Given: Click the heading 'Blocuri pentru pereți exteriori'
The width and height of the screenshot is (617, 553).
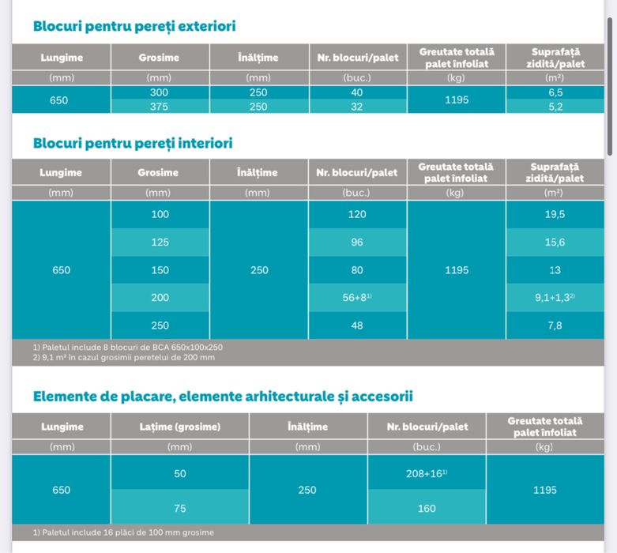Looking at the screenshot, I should [x=134, y=26].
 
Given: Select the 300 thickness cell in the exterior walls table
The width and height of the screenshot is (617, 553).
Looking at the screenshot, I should [x=160, y=92].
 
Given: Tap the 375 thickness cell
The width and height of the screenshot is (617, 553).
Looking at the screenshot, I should [x=160, y=107].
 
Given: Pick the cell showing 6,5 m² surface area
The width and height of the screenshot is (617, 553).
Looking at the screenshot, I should [x=555, y=92].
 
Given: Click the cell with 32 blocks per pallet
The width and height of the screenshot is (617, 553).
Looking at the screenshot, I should [x=357, y=107].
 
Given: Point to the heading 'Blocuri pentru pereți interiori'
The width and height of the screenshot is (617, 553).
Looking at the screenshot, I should [x=133, y=143].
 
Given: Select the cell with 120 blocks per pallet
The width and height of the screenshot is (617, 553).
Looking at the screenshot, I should [x=357, y=214].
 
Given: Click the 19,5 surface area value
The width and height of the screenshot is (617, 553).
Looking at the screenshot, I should [x=555, y=214].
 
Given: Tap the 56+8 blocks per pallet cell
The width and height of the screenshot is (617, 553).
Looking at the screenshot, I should [x=357, y=298].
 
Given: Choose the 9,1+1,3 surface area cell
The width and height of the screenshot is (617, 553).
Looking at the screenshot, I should [x=555, y=298].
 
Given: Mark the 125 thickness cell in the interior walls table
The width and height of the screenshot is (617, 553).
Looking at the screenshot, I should [x=160, y=243].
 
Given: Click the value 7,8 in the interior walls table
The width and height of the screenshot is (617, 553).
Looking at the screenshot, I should [x=555, y=325].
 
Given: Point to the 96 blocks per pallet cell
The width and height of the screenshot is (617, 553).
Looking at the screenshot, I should [x=357, y=243].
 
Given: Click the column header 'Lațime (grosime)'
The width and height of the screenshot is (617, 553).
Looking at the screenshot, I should [x=179, y=427].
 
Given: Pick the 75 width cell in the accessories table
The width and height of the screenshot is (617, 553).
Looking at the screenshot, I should [x=179, y=508].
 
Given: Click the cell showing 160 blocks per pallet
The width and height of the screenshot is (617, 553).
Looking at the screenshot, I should [x=427, y=508].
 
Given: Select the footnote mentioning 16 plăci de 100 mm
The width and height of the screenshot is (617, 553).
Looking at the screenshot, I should [x=123, y=532].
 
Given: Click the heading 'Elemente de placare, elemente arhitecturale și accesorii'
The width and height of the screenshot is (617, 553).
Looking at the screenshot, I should [x=223, y=396].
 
